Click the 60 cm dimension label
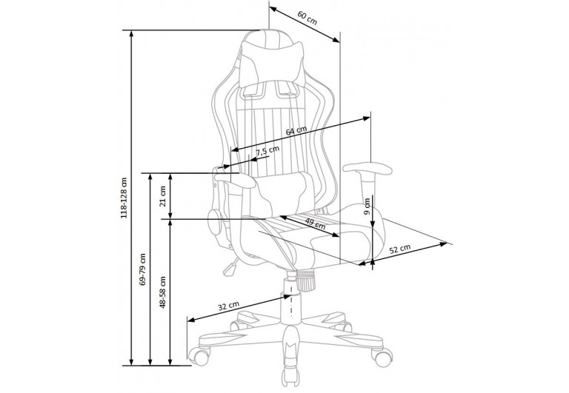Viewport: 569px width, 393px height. point(307,18)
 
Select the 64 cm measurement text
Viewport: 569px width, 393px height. point(296,130)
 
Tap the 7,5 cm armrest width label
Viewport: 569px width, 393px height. point(267,151)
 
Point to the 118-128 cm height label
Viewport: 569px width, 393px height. point(124,198)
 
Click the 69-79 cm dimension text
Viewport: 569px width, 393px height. point(142,269)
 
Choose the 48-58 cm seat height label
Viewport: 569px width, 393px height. point(162,292)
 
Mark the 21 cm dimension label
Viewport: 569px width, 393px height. point(162,196)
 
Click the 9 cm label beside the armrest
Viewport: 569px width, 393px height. point(367,206)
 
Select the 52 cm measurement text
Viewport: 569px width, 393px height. point(400,249)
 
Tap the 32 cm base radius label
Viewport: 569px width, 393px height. point(228,306)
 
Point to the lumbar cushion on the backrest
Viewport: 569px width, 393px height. point(283,192)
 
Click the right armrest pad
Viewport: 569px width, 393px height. point(367,169)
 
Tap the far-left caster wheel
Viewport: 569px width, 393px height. point(199,355)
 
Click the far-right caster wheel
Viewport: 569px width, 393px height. point(382,357)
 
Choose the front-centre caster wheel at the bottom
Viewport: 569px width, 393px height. point(291,378)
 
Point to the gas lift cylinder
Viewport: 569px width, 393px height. point(291,298)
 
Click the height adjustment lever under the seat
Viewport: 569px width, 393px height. point(231,267)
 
